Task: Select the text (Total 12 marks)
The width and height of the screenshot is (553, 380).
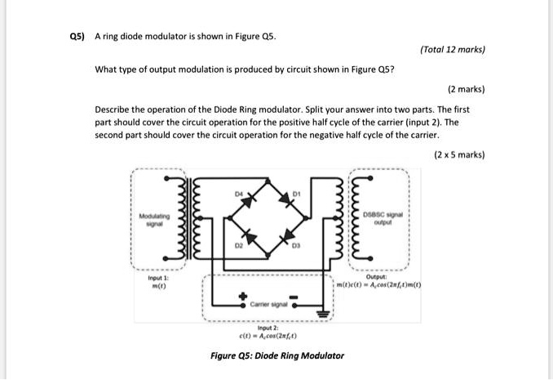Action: click(x=453, y=50)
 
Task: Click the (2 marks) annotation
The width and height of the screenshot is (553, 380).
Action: click(x=467, y=87)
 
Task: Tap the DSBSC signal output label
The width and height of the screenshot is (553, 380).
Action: click(x=383, y=216)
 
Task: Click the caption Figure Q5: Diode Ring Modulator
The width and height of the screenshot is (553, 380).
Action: click(x=276, y=355)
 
